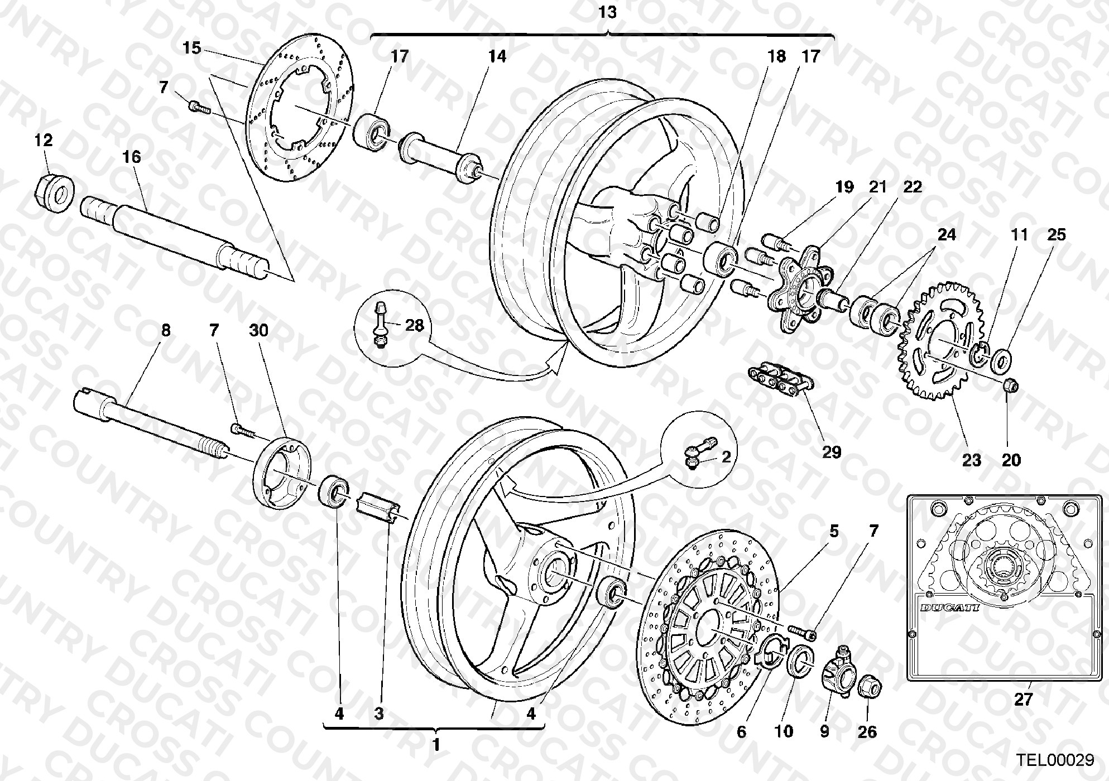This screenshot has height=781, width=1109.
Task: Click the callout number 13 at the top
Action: tap(607, 12)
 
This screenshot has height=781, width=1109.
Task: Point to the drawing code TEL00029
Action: tap(1054, 760)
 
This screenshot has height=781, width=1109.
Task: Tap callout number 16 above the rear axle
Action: tap(132, 157)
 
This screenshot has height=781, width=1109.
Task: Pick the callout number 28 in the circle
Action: tap(415, 325)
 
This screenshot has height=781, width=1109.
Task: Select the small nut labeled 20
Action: tap(1011, 384)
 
